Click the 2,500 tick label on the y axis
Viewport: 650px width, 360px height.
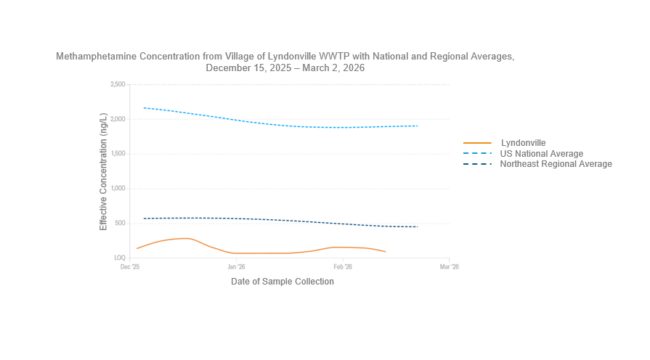117,85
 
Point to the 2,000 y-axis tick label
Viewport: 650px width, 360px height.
117,120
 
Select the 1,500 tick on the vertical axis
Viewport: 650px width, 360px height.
117,154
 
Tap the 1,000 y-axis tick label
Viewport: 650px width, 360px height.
117,189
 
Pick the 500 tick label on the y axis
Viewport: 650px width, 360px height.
120,224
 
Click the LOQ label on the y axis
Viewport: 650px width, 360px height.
119,258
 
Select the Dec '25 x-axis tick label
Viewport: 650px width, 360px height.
130,267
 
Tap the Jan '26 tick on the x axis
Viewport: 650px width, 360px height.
237,267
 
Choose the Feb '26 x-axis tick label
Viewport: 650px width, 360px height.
343,267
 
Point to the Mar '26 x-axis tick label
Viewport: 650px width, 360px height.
450,267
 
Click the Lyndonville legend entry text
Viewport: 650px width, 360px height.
523,143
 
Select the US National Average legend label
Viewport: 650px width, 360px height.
541,154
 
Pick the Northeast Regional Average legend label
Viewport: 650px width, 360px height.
556,164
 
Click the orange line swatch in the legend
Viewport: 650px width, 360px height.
477,143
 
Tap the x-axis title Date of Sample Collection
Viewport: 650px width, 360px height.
282,282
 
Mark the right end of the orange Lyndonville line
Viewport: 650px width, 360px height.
385,252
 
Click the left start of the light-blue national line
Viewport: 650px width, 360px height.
144,107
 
